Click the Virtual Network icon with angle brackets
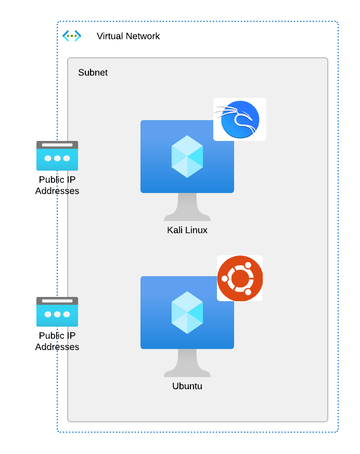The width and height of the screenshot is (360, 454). point(72,36)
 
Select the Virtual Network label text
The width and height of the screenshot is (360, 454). point(128,36)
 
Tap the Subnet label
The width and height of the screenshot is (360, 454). point(93,73)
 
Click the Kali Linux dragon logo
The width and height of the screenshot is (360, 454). point(240,119)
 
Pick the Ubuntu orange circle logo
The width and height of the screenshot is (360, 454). point(240,278)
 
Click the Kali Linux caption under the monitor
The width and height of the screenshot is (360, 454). point(187,230)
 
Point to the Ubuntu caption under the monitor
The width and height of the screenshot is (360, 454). point(187,386)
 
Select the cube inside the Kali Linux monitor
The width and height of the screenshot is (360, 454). point(187,157)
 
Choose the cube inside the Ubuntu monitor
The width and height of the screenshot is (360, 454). point(187,313)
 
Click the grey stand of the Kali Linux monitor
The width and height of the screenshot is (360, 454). point(187,207)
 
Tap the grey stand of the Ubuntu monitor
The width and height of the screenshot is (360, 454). point(187,364)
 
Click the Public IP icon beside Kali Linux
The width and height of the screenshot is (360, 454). point(57,155)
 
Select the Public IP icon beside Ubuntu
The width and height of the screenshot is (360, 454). point(57,312)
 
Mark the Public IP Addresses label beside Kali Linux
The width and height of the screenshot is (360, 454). point(57,186)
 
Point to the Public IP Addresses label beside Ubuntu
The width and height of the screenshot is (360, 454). point(57,342)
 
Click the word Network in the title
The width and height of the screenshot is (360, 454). point(143,36)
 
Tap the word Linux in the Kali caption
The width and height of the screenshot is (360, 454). point(196,230)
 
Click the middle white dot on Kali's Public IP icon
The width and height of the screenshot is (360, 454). point(57,158)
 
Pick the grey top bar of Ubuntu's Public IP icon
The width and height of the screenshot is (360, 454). point(57,301)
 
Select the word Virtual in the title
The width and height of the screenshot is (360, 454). point(110,36)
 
